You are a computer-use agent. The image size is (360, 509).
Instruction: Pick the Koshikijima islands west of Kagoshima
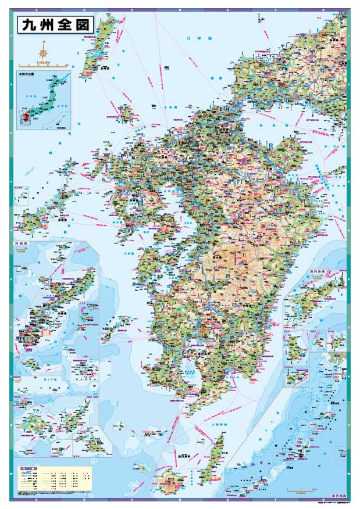(121, 322)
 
